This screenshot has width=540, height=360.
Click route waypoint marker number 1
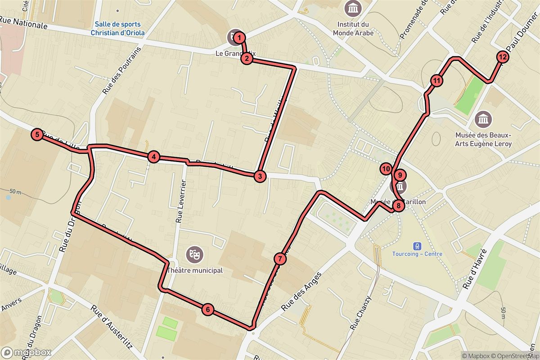point(240,37)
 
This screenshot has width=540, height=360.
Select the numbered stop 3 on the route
point(259,176)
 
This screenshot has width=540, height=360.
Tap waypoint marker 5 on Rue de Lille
point(37,134)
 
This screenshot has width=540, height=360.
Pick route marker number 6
point(207,309)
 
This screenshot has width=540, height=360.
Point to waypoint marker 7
point(279,259)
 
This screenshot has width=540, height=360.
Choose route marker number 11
point(436,81)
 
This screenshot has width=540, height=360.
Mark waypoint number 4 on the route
point(154,157)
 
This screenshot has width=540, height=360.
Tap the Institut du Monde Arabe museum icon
point(353,9)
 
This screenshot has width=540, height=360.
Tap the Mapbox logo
point(26,352)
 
